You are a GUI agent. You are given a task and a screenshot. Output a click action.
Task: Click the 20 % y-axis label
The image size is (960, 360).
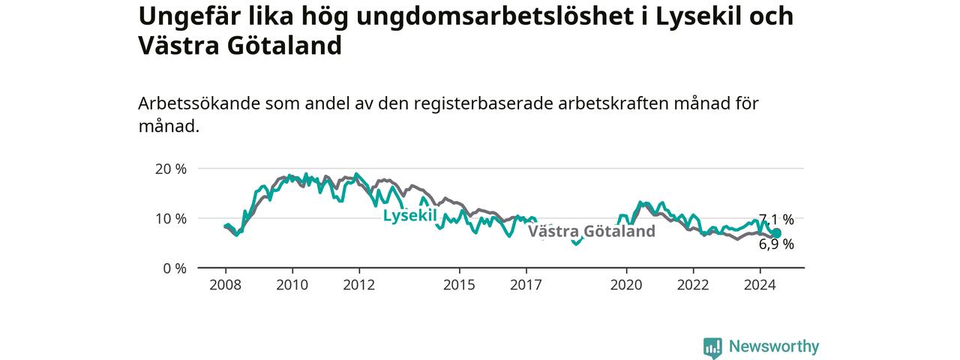pyautogui.click(x=171, y=169)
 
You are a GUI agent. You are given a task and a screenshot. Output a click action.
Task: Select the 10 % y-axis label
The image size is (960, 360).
pyautogui.click(x=171, y=219)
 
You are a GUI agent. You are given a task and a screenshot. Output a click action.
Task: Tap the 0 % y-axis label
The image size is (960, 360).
pyautogui.click(x=175, y=268)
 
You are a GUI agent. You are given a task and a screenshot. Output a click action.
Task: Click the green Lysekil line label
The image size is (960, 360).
pyautogui.click(x=409, y=215)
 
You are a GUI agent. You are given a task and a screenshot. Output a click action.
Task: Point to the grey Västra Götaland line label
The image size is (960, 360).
pyautogui.click(x=592, y=232)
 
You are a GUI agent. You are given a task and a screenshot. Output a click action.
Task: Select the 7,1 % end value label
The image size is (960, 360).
pyautogui.click(x=776, y=220)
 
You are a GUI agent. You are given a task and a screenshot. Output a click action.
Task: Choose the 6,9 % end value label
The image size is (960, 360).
pyautogui.click(x=776, y=244)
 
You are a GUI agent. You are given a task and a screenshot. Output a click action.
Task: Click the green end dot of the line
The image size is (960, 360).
pyautogui.click(x=776, y=233)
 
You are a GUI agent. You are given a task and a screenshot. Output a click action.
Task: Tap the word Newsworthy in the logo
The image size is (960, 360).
pyautogui.click(x=774, y=346)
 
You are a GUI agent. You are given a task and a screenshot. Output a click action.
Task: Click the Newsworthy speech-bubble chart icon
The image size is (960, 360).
pyautogui.click(x=712, y=348)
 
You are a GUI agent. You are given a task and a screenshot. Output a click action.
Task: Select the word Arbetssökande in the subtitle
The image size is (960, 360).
pyautogui.click(x=199, y=103)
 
